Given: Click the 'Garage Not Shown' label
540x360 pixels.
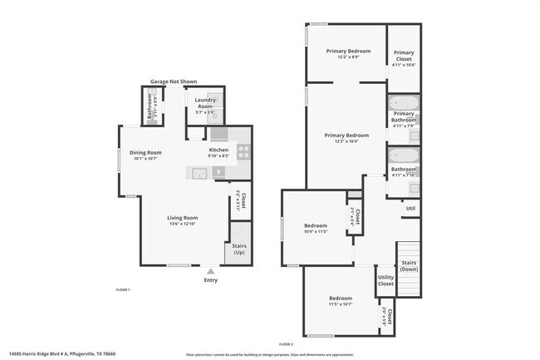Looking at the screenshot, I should point(172,81).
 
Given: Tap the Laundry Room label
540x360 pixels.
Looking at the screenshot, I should point(204,103).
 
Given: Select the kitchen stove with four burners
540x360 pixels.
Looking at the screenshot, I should point(243,151).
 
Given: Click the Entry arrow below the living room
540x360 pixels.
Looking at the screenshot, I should point(210,270).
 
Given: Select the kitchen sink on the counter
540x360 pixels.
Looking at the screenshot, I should point(199,173).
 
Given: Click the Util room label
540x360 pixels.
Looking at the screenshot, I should point(410,208).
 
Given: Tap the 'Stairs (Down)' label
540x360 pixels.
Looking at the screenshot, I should point(410,266).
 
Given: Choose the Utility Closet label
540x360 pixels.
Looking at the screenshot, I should point(385,280).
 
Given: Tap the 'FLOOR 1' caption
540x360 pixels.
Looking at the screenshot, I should point(122,288).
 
